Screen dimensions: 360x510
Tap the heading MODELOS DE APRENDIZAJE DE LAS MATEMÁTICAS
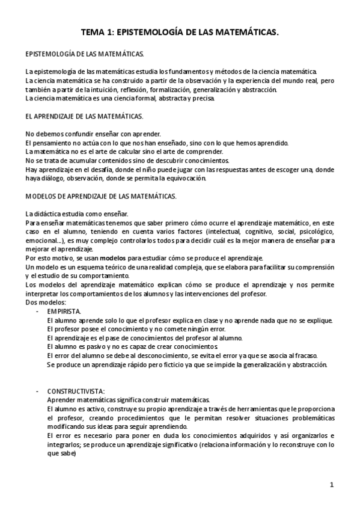[100, 195]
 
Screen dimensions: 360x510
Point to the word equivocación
[185, 178]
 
